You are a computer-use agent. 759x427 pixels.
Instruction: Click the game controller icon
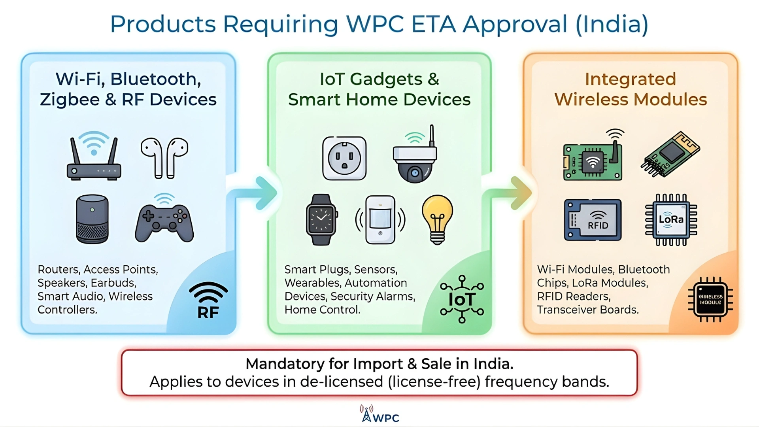coord(164,221)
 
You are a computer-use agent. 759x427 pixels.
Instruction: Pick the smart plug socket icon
coord(344,158)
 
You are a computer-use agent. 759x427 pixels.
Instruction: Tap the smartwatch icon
coord(322,219)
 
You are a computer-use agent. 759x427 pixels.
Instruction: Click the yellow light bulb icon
coord(437,219)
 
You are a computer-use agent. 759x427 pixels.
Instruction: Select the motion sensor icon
coord(380,219)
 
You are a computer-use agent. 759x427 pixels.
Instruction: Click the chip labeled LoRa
coord(671,220)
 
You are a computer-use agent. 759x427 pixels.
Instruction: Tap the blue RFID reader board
coord(593,220)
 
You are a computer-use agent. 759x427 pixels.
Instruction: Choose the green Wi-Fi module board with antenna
coord(593,160)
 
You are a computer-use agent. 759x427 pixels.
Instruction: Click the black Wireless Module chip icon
coord(710,299)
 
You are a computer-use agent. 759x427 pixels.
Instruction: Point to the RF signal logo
coord(208,300)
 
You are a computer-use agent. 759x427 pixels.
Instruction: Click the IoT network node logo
coord(462,299)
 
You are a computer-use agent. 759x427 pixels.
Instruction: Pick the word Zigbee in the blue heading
coord(70,99)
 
